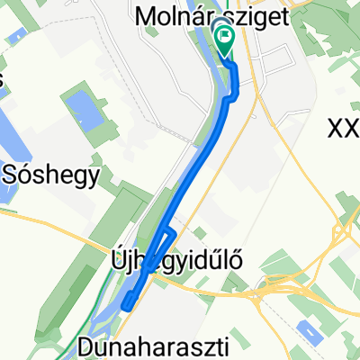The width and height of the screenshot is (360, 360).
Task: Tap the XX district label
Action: point(344,130)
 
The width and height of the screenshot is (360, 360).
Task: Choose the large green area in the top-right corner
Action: point(337,36)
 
